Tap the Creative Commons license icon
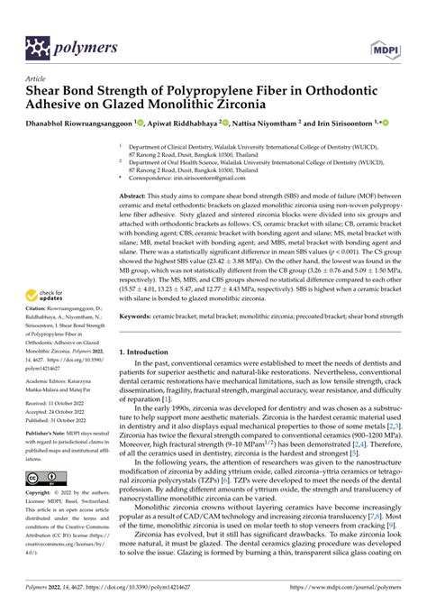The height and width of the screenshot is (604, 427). [x=44, y=476]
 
